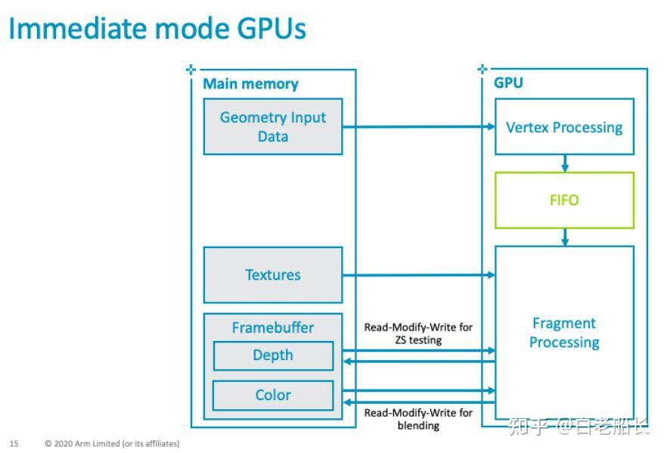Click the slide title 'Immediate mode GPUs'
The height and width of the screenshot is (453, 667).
coord(157,29)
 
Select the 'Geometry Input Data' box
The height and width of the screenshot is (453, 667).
coord(272,126)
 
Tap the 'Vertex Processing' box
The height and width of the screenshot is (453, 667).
coord(564,127)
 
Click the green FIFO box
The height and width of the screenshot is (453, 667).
coord(564,200)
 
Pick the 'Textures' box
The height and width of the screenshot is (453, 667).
coord(272,275)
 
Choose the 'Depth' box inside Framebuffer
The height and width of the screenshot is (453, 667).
coord(272,355)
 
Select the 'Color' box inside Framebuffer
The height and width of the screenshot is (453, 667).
coord(272,395)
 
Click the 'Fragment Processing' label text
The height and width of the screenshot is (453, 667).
coord(564,333)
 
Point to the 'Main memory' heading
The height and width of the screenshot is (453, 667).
coord(250,84)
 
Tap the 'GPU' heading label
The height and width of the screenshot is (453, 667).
coord(508,83)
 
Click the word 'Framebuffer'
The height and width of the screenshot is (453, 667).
coord(272,327)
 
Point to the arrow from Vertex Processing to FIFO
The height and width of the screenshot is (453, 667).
coord(564,163)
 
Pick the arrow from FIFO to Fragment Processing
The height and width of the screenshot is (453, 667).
coord(564,237)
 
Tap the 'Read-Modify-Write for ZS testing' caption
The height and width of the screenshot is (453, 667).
coord(418,334)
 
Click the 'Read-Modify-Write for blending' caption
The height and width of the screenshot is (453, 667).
coord(418,419)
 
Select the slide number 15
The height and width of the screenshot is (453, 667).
coord(14,443)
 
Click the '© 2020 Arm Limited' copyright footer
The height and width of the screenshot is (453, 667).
coord(112,443)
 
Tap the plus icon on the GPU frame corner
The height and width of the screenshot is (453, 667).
coord(482,70)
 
